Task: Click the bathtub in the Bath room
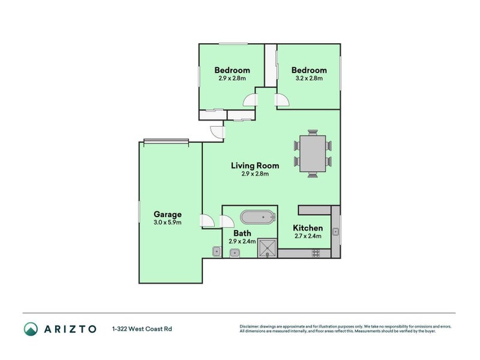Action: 257,217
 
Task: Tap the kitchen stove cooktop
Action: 316,253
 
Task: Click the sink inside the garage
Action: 216,251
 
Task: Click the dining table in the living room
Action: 312,154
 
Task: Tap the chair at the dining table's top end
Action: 312,133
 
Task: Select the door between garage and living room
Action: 208,221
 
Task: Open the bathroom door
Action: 227,221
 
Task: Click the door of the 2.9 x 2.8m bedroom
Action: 250,100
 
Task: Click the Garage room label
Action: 167,214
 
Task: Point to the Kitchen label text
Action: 307,228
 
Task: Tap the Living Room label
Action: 256,166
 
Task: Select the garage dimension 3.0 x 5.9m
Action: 167,223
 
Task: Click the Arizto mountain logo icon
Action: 31,328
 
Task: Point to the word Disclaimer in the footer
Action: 251,326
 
